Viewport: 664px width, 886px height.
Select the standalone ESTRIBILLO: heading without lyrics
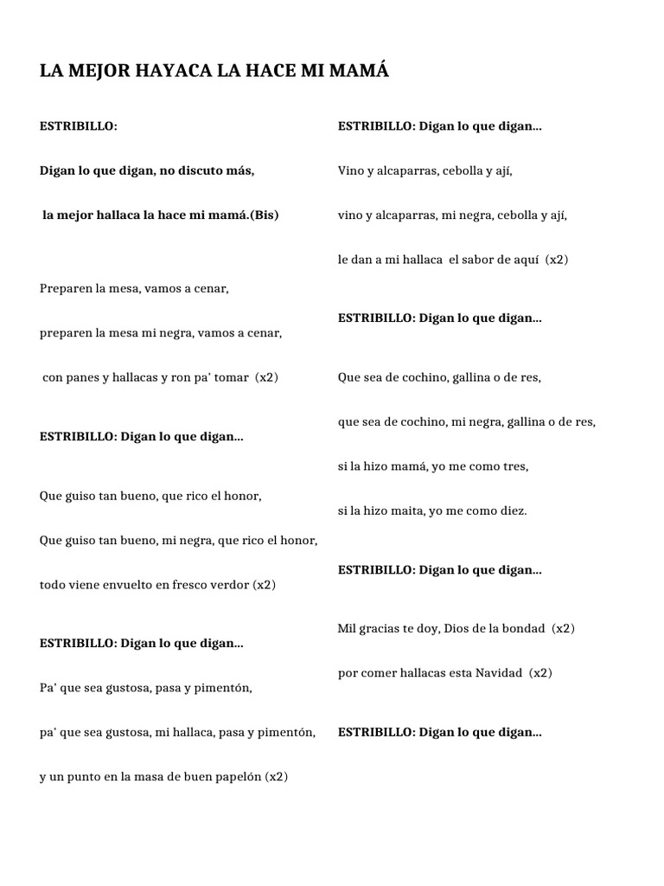(x=78, y=126)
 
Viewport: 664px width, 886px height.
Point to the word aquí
(x=529, y=259)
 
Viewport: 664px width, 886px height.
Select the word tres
(x=516, y=465)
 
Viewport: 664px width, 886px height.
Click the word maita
(x=386, y=510)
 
